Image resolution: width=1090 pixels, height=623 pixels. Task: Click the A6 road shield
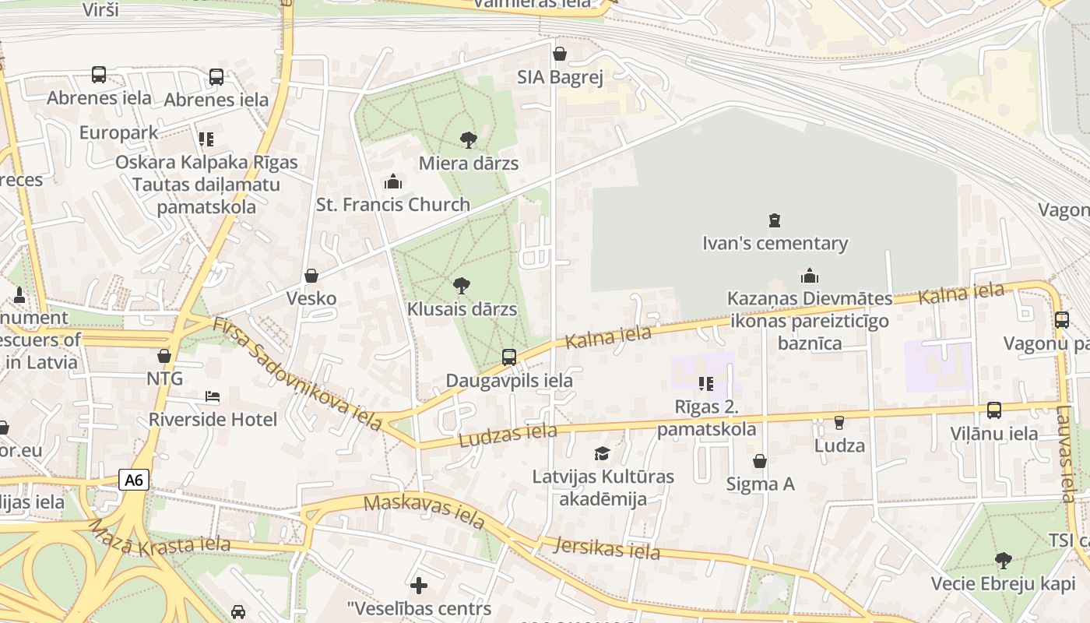pos(134,479)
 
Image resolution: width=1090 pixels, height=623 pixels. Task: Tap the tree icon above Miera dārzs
pos(469,140)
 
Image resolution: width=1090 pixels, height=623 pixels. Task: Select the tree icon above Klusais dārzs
pos(462,285)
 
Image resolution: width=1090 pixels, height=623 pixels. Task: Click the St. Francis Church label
pos(393,205)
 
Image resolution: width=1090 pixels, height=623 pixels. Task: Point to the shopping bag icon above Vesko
pos(311,276)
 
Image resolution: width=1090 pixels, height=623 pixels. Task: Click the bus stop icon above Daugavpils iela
pos(509,357)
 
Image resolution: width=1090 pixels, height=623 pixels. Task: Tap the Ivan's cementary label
pos(775,243)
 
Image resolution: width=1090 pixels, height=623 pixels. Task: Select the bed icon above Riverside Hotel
pos(213,396)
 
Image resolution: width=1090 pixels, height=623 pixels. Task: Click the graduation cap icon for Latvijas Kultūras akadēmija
pos(602,453)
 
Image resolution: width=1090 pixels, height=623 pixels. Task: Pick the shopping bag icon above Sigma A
pos(760,461)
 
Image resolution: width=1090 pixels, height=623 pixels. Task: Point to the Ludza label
pos(839,445)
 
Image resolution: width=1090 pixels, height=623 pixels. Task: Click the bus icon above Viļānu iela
pos(994,410)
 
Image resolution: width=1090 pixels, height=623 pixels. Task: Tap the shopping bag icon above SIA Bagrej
pos(560,54)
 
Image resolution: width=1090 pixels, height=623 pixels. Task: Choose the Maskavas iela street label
pos(424,511)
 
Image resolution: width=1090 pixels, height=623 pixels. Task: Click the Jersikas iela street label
pos(607,548)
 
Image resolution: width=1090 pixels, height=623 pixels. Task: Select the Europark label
pos(118,132)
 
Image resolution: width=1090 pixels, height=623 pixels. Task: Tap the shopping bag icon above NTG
pos(164,356)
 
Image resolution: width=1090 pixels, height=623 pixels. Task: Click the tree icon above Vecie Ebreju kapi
pos(1004,560)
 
